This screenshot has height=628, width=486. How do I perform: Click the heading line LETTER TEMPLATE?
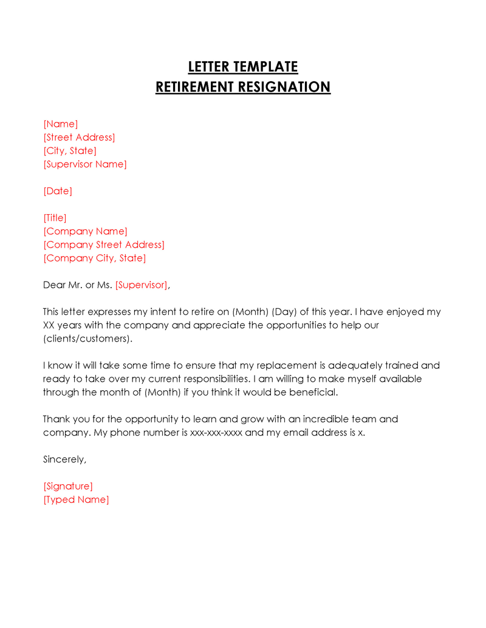(x=243, y=67)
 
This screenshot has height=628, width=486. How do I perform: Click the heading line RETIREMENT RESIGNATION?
(x=243, y=87)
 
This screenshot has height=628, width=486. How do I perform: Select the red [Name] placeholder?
(x=61, y=124)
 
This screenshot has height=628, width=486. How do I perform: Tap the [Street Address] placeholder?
(x=79, y=138)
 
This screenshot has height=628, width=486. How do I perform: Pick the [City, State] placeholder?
(x=70, y=151)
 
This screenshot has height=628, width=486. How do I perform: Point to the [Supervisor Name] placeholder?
(x=85, y=164)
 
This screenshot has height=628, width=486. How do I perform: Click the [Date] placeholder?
(x=58, y=191)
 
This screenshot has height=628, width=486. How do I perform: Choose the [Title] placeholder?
(x=55, y=218)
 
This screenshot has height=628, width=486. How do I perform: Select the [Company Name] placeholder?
(x=85, y=231)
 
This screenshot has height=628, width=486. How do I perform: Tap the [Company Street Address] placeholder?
(x=104, y=245)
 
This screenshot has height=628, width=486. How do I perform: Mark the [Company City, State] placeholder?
(x=95, y=258)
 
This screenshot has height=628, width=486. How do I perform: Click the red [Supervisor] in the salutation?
(x=142, y=285)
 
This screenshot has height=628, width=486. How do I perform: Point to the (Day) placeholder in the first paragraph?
(x=284, y=312)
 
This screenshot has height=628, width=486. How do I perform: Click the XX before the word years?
(x=49, y=325)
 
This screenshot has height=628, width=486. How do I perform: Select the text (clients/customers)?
(x=87, y=339)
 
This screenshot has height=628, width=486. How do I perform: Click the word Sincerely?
(x=64, y=459)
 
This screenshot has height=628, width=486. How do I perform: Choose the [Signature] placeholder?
(x=68, y=486)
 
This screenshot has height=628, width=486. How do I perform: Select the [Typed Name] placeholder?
(x=76, y=499)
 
